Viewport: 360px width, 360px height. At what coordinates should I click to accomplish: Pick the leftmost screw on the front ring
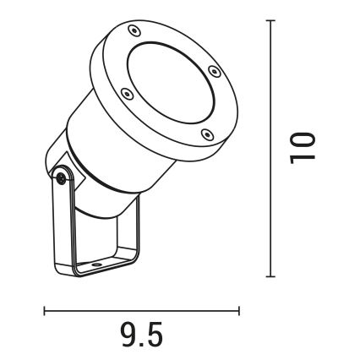coord(125,94)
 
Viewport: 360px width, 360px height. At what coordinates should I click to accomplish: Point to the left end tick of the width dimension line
coord(45,310)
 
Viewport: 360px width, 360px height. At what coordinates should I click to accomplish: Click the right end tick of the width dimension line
coord(238,310)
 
